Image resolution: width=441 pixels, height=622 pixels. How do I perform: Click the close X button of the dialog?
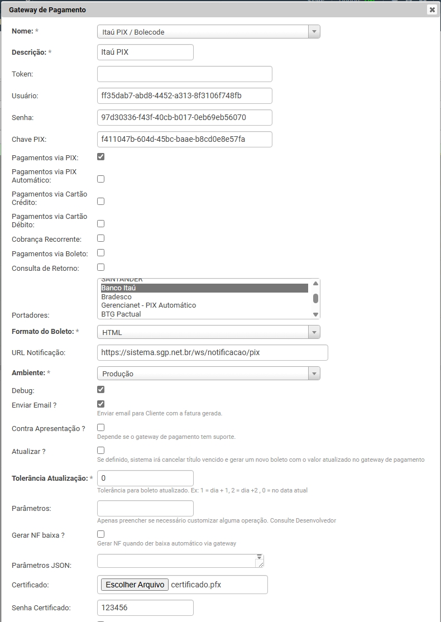[432, 9]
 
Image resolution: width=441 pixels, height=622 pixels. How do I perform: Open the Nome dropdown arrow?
[314, 32]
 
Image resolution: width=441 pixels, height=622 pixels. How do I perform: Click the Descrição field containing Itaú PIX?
[145, 52]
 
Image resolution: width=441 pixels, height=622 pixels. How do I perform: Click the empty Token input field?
[184, 74]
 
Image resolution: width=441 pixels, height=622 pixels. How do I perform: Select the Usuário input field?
[184, 95]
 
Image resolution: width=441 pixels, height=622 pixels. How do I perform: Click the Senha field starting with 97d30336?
[184, 117]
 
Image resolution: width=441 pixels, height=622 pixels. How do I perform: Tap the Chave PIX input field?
[184, 139]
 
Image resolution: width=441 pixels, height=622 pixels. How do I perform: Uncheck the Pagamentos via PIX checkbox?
[101, 157]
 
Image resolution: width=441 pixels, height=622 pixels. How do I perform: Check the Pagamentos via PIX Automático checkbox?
[101, 179]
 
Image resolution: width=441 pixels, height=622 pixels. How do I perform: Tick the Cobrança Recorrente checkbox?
[101, 238]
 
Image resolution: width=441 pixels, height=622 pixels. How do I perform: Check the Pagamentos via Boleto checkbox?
[101, 253]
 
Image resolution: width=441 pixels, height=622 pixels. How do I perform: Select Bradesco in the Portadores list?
[116, 296]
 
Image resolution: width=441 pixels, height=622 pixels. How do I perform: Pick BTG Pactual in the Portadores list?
[121, 314]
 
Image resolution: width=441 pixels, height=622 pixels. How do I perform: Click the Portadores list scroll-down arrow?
[315, 314]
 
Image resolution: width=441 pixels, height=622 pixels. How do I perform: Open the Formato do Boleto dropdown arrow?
[314, 332]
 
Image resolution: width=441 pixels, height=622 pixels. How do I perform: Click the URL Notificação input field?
[212, 353]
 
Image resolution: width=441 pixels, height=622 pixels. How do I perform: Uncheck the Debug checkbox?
[101, 390]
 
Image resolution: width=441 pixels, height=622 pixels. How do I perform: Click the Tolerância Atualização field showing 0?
[145, 478]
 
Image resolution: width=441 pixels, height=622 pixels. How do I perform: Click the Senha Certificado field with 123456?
[145, 607]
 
